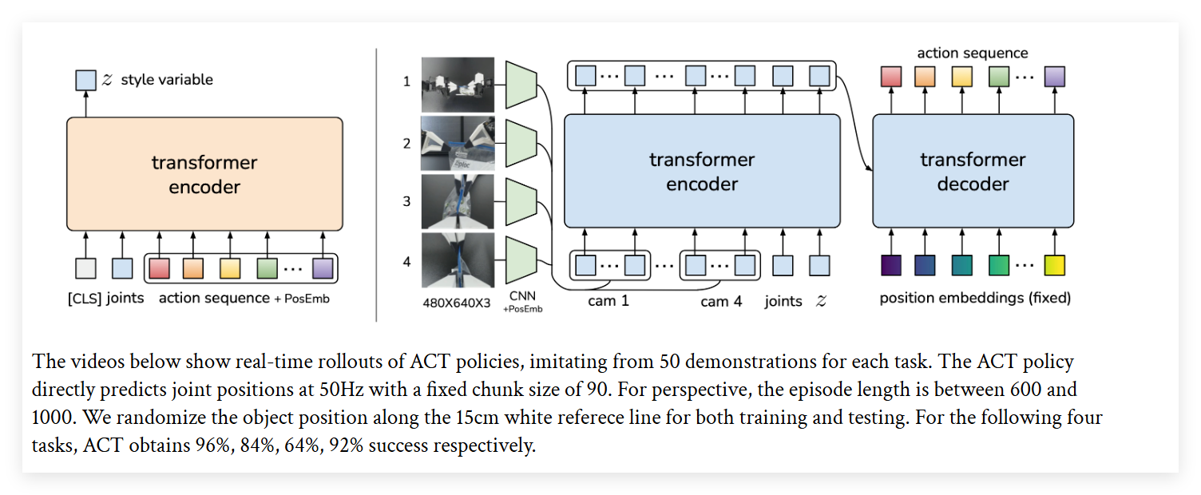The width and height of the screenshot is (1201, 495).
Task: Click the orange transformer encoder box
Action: (204, 175)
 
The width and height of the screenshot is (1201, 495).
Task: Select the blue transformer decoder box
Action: (973, 171)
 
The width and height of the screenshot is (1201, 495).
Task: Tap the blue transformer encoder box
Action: (702, 171)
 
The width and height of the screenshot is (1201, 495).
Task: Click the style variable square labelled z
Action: (85, 80)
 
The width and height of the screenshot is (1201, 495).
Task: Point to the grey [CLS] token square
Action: (85, 268)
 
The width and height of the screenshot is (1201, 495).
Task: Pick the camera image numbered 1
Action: (458, 84)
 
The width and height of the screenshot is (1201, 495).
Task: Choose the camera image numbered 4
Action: (458, 259)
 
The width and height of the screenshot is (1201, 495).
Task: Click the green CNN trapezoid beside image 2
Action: (521, 143)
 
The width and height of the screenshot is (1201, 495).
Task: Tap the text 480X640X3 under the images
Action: (457, 303)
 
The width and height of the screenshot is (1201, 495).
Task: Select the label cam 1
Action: (608, 302)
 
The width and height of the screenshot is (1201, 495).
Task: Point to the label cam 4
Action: (721, 302)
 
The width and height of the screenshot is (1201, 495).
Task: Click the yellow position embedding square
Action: (1055, 265)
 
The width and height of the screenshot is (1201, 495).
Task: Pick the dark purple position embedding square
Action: (891, 265)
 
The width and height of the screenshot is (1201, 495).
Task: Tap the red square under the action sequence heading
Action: (891, 77)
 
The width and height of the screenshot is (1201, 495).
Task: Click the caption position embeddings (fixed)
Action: (975, 299)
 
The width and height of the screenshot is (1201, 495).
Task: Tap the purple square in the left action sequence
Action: (323, 268)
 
